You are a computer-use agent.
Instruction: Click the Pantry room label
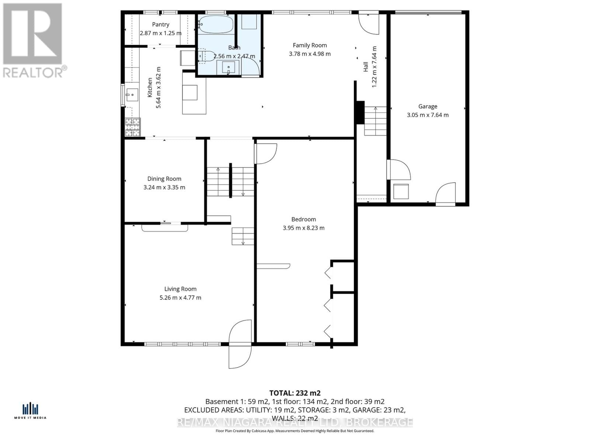pyautogui.click(x=160, y=24)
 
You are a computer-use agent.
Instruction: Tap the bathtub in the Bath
pyautogui.click(x=216, y=24)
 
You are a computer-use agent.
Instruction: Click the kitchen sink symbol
pyautogui.click(x=131, y=95)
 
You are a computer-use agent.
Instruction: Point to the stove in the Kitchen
pyautogui.click(x=133, y=127)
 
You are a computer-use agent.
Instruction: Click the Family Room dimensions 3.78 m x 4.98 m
pyautogui.click(x=310, y=54)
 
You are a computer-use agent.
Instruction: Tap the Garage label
pyautogui.click(x=428, y=106)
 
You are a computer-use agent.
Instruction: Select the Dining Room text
pyautogui.click(x=164, y=179)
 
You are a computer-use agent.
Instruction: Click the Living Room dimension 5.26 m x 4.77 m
pyautogui.click(x=180, y=298)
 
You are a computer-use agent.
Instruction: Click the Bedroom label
pyautogui.click(x=303, y=219)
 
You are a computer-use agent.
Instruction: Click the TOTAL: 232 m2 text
pyautogui.click(x=295, y=393)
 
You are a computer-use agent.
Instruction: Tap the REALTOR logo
pyautogui.click(x=33, y=41)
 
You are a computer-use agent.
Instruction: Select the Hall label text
pyautogui.click(x=366, y=67)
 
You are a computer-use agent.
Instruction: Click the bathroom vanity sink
pyautogui.click(x=228, y=68)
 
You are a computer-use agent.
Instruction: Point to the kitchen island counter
pyautogui.click(x=194, y=93)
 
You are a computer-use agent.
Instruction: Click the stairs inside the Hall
pyautogui.click(x=375, y=121)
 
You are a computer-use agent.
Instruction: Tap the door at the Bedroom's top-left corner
pyautogui.click(x=265, y=153)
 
